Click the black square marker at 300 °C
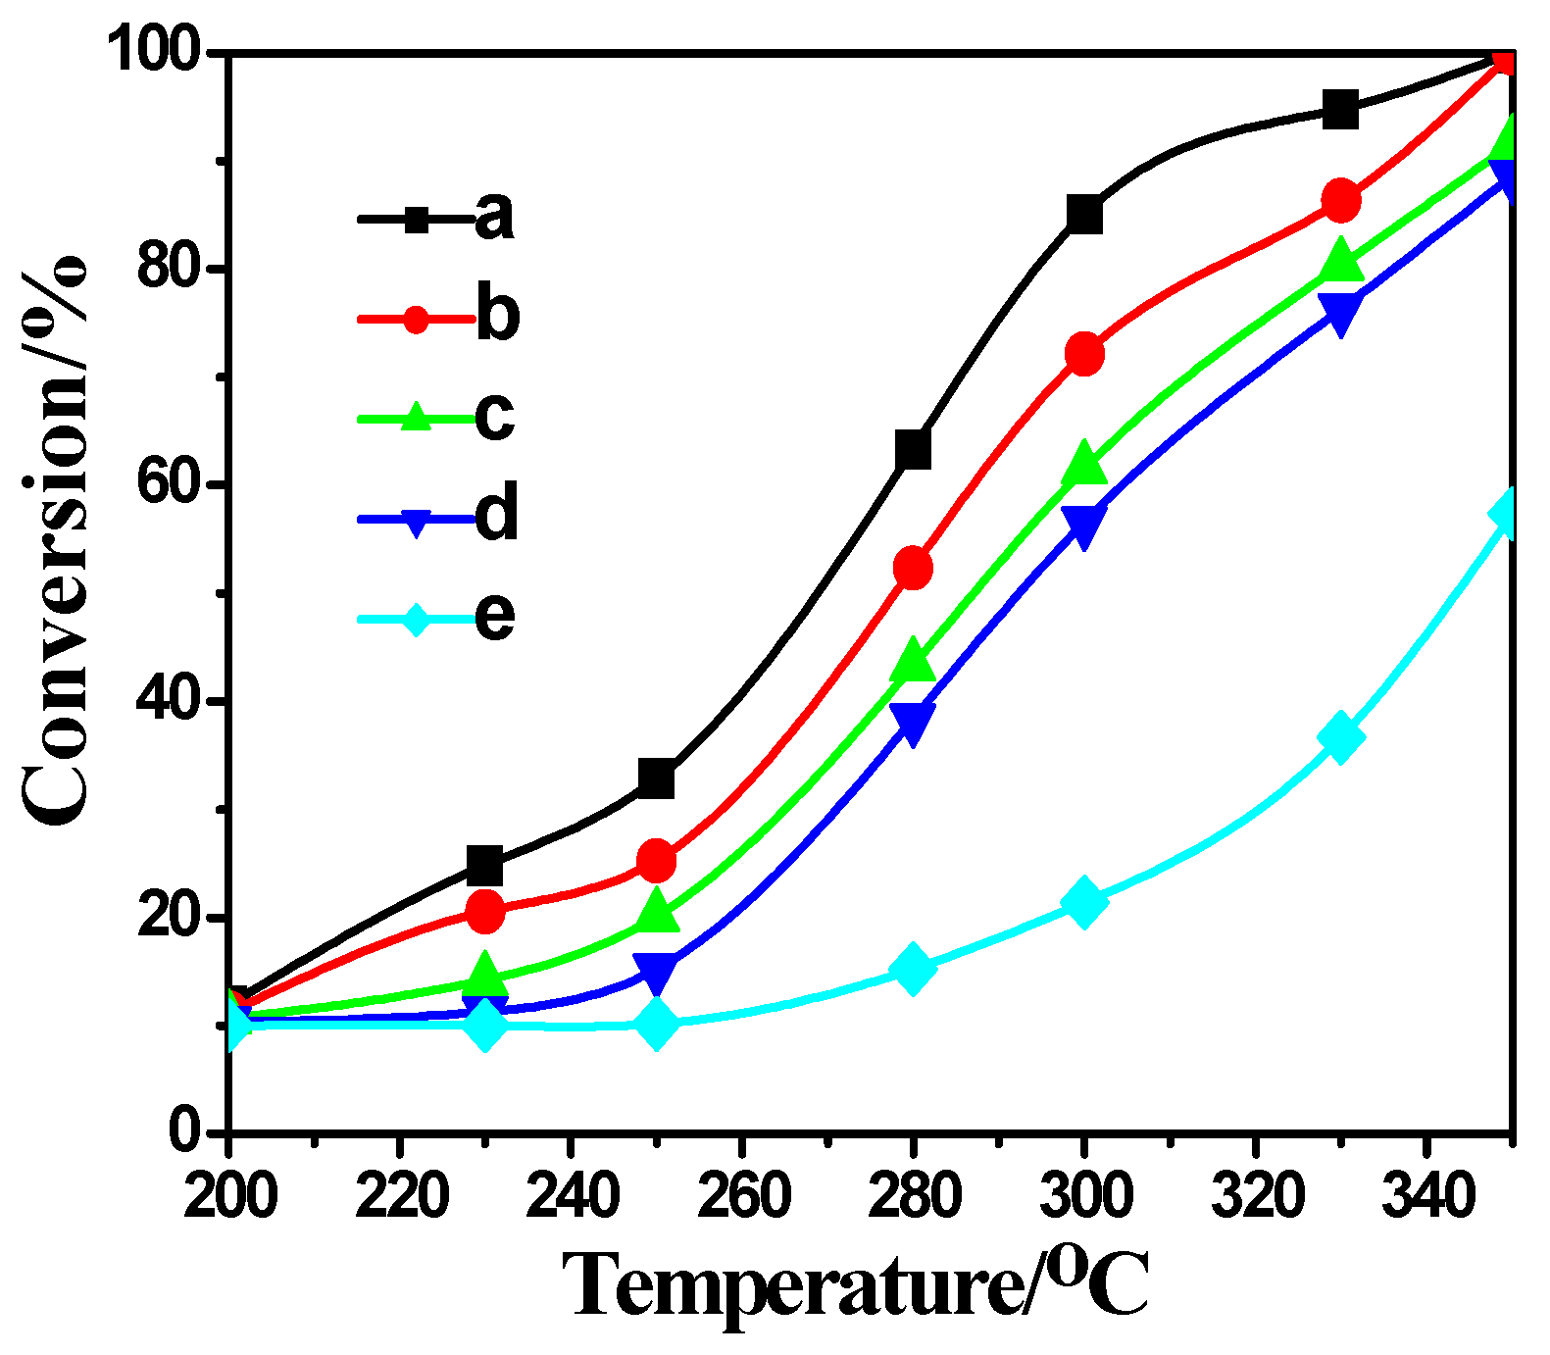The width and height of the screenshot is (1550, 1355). (1084, 213)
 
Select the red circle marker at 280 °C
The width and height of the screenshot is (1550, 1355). (913, 568)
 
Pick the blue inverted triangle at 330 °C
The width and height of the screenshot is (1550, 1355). (1340, 314)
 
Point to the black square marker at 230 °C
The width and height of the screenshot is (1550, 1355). (485, 865)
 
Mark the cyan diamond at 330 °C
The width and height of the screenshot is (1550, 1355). (1340, 737)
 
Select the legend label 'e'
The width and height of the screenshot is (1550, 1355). (494, 617)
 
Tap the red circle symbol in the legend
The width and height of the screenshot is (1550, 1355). (416, 319)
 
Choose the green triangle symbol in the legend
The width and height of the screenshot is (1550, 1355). (416, 418)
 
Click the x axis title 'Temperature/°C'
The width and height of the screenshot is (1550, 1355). (854, 1283)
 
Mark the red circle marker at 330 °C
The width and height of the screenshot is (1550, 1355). (1340, 201)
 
